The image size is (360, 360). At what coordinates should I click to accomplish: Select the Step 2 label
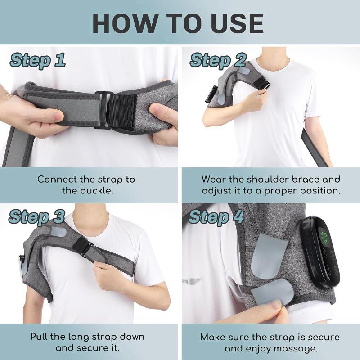coord(218,60)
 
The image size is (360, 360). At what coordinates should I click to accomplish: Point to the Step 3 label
coord(37,216)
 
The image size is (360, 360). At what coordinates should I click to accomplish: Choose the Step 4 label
coord(216,216)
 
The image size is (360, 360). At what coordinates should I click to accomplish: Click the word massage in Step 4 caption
coord(302,348)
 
